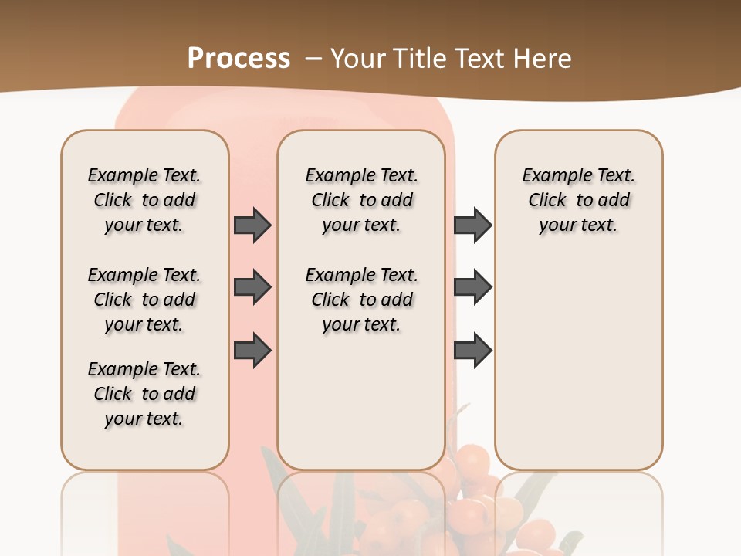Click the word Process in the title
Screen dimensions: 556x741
[x=239, y=58]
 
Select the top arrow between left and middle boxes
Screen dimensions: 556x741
[x=252, y=225]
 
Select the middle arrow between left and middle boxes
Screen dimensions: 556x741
[x=252, y=287]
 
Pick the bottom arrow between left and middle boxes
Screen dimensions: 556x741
[x=252, y=351]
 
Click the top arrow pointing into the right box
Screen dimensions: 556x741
[x=472, y=225]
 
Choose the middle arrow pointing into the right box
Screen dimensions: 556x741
[x=472, y=287]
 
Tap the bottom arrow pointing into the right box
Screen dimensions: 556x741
[x=472, y=351]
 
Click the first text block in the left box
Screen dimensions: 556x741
[x=144, y=200]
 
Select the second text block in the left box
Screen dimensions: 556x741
[x=144, y=300]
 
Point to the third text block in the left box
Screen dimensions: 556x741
[x=144, y=394]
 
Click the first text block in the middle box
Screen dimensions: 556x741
[x=362, y=200]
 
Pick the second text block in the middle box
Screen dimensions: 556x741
[x=362, y=300]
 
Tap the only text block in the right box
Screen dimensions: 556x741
[x=579, y=200]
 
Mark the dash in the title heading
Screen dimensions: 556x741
[x=313, y=59]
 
